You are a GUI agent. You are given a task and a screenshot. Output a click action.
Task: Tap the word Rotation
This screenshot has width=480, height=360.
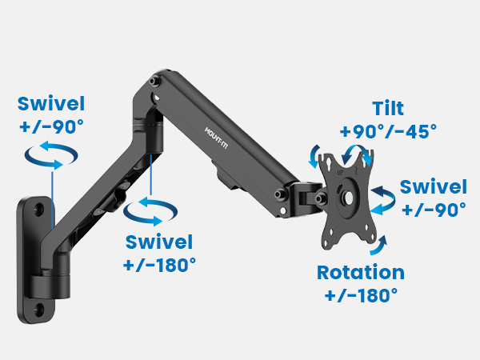click(360, 272)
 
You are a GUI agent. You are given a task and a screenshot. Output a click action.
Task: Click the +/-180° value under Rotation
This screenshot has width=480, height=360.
click(361, 294)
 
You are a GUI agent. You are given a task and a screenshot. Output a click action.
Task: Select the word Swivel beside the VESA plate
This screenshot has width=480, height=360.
click(433, 187)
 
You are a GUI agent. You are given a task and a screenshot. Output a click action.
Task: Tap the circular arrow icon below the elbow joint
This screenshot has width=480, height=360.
click(150, 210)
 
